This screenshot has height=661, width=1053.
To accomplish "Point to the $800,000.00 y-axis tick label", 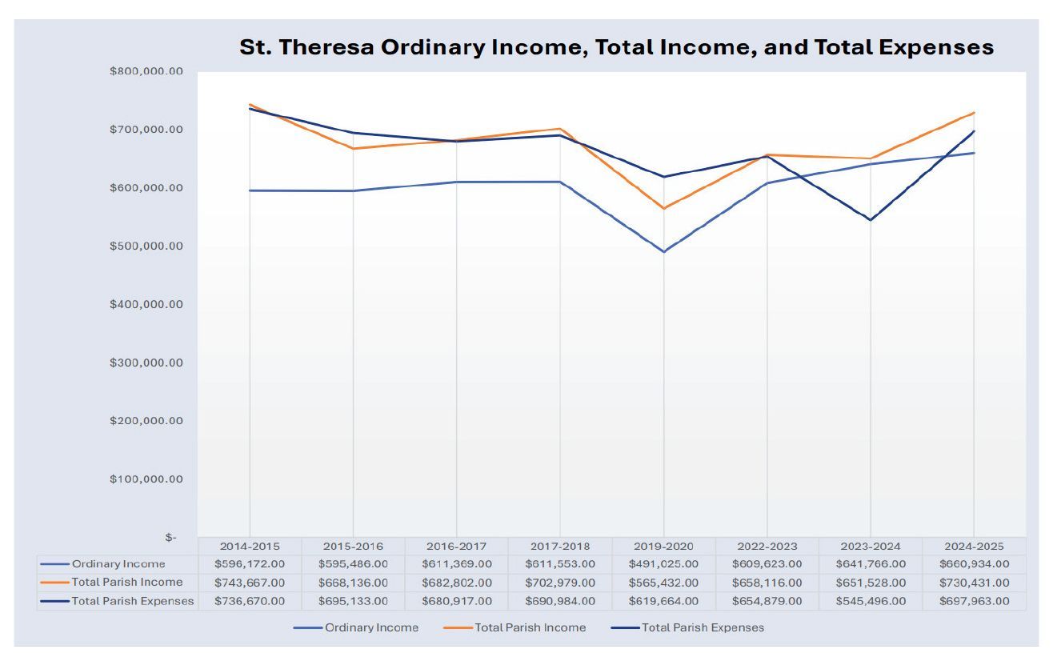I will pyautogui.click(x=146, y=71).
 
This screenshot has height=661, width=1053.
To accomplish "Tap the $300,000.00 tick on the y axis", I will pyautogui.click(x=146, y=363).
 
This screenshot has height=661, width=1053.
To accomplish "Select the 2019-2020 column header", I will pyautogui.click(x=663, y=546).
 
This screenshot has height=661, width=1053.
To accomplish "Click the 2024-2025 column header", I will pyautogui.click(x=974, y=546).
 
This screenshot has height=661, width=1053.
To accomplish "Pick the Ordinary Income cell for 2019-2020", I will pyautogui.click(x=663, y=564).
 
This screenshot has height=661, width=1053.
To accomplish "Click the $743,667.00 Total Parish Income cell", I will pyautogui.click(x=250, y=583).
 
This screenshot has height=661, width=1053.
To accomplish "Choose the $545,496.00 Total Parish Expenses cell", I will pyautogui.click(x=871, y=601).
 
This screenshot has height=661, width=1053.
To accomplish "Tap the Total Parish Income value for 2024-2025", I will pyautogui.click(x=974, y=583).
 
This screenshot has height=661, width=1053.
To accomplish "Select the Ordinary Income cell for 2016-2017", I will pyautogui.click(x=457, y=564).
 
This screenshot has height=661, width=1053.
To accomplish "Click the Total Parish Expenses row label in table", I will pyautogui.click(x=132, y=601).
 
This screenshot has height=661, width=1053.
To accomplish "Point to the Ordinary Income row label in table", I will pyautogui.click(x=118, y=564).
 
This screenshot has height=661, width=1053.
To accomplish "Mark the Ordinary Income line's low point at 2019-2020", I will pyautogui.click(x=663, y=252).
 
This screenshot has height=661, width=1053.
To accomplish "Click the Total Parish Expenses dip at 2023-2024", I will pyautogui.click(x=871, y=220).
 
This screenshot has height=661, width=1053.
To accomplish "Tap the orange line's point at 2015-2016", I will pyautogui.click(x=353, y=149).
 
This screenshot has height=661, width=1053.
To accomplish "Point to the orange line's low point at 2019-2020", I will pyautogui.click(x=663, y=209).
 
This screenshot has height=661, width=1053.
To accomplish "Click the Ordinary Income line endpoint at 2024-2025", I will pyautogui.click(x=974, y=153).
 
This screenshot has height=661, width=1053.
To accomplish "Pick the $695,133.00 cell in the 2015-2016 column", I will pyautogui.click(x=353, y=601).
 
